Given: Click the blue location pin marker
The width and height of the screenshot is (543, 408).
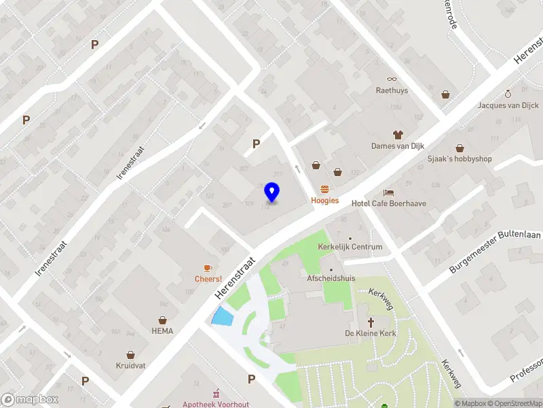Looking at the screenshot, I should [271, 192].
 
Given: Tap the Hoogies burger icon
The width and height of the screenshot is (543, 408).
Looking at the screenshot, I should [324, 189].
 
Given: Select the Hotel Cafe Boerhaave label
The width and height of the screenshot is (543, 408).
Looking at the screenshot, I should [385, 203].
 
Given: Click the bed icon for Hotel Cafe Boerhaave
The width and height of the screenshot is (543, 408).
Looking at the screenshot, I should [388, 192].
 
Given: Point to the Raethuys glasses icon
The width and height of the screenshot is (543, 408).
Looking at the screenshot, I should [392, 79].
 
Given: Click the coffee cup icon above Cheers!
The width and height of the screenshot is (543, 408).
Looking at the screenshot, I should [208, 268].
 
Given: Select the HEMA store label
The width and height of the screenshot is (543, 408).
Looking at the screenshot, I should [162, 331].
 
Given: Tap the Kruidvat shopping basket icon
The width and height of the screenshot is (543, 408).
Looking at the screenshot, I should [131, 355].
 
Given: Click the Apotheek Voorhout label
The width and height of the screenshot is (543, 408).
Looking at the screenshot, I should [215, 404].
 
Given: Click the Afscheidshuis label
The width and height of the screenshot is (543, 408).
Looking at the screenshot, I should [331, 278].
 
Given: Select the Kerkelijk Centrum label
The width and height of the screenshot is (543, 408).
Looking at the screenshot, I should [351, 247].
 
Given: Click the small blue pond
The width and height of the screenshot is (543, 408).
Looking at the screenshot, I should [222, 316].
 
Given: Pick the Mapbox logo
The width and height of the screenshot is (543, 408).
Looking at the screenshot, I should [30, 400].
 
